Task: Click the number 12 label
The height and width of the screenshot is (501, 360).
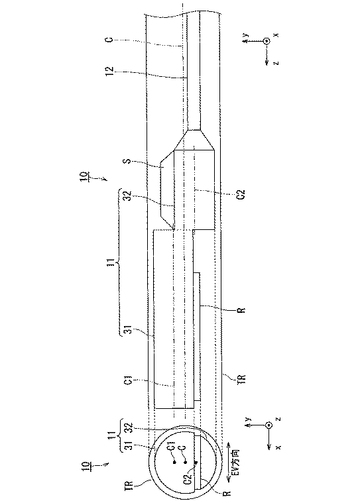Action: [x=109, y=70]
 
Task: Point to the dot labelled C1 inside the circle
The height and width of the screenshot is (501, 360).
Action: [x=174, y=462]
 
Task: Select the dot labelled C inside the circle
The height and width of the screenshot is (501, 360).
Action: [x=185, y=462]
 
